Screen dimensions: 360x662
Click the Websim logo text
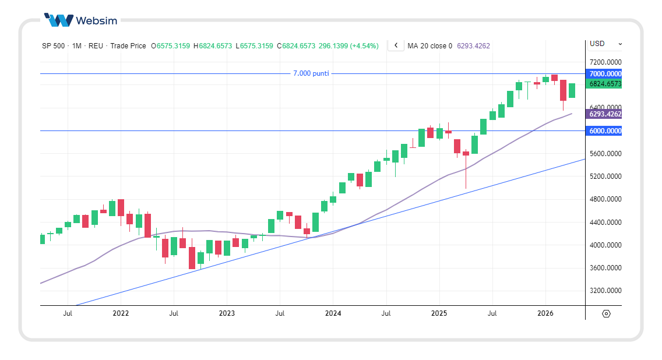coord(96,21)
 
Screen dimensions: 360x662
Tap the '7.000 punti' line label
coord(311,73)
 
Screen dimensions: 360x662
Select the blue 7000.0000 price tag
coord(605,74)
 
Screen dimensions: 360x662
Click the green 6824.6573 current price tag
coord(605,84)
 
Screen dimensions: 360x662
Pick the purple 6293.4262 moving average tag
coord(605,114)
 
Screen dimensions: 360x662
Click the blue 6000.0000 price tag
coord(605,131)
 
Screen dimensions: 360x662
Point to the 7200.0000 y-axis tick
coord(605,62)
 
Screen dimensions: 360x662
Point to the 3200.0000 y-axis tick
coord(605,291)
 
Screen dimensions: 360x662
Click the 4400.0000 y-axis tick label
coord(605,223)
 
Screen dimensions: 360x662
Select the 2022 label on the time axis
coord(121,313)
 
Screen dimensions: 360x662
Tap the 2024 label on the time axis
coord(333,313)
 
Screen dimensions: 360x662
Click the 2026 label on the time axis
coord(545,313)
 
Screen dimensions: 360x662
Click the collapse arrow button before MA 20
coord(396,45)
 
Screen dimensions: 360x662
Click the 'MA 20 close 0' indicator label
coord(429,45)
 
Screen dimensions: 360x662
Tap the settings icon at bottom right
coord(606,314)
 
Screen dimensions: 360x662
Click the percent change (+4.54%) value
coord(364,45)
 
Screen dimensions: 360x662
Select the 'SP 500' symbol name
coord(53,45)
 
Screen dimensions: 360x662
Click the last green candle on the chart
coord(572,90)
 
